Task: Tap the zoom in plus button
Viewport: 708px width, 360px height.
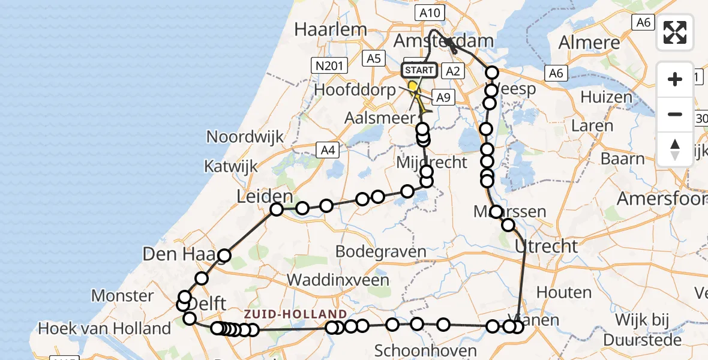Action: coord(675,79)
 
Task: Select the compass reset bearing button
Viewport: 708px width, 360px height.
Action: coord(675,148)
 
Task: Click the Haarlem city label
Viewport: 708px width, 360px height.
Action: coord(331,30)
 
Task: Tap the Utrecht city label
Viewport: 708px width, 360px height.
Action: coord(545,246)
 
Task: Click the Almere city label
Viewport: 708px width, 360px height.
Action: coord(589,43)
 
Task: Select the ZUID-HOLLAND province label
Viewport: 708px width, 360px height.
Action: coord(295,314)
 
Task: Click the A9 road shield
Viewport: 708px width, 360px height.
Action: coord(442,98)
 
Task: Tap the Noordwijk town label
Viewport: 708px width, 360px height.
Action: coord(245,137)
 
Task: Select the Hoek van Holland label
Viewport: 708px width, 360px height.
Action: coord(104,329)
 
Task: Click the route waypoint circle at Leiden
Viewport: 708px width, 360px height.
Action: coord(277,209)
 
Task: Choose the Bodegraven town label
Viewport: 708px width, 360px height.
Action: coord(381,251)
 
